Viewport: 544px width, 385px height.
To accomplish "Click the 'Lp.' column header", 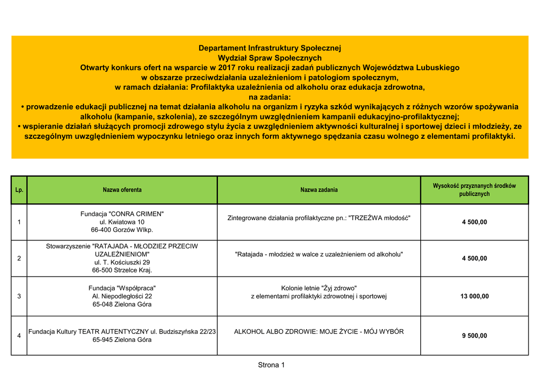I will click(19, 190).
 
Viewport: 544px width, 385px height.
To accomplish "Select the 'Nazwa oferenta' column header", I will click(122, 190).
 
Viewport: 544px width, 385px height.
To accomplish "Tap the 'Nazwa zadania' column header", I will click(319, 190).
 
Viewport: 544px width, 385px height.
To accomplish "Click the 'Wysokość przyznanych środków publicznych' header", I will click(474, 190).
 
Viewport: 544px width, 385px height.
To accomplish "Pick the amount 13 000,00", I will click(474, 296).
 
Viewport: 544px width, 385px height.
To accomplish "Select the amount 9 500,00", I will click(474, 336).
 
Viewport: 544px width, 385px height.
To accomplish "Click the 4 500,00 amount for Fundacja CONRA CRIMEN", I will click(474, 222).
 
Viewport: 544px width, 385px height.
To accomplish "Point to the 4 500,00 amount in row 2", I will click(474, 258).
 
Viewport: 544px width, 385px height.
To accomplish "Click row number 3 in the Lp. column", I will click(19, 296).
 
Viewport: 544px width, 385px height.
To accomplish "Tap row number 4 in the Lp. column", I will click(19, 336).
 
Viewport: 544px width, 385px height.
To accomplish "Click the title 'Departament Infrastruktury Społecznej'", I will click(269, 48).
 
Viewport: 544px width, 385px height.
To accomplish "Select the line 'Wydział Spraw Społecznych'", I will click(269, 58).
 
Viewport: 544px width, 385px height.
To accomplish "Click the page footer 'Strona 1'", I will click(271, 365).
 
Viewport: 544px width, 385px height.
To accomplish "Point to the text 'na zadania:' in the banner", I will click(269, 97).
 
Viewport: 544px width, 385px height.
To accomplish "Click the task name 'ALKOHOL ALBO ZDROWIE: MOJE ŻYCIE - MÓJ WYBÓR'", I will click(319, 331).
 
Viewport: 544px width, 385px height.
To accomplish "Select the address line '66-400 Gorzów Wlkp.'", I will click(122, 230).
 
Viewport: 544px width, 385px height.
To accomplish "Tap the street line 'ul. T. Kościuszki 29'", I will click(122, 262).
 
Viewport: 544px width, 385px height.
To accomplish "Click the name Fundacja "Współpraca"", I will click(122, 288).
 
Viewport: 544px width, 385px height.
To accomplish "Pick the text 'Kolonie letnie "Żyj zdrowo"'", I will click(319, 288).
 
